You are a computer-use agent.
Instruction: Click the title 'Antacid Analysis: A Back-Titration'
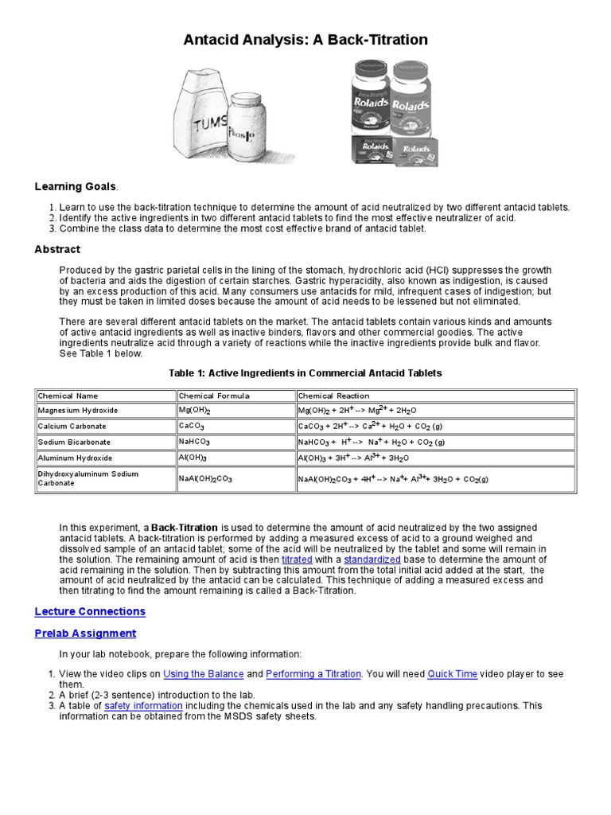tap(305, 40)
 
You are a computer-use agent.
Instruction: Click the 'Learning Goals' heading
tap(76, 186)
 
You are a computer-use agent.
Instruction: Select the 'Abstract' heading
tap(57, 249)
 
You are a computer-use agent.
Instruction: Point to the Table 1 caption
tap(305, 372)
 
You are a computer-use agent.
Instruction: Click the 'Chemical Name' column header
tap(68, 396)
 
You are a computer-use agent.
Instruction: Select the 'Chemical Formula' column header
tap(214, 396)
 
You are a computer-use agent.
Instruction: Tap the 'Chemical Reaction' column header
tap(333, 396)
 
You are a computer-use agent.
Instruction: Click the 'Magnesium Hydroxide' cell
tap(78, 411)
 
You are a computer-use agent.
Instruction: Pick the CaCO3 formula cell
tap(192, 427)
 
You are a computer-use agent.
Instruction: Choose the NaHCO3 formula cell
tap(195, 443)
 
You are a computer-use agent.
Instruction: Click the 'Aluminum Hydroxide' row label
tap(76, 458)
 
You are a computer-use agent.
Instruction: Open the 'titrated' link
tap(297, 560)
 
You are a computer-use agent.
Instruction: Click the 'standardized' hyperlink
tap(372, 560)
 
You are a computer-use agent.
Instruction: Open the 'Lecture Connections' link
tap(90, 611)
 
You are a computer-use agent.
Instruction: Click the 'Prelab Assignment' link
tap(85, 634)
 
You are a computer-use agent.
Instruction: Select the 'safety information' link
tap(143, 705)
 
